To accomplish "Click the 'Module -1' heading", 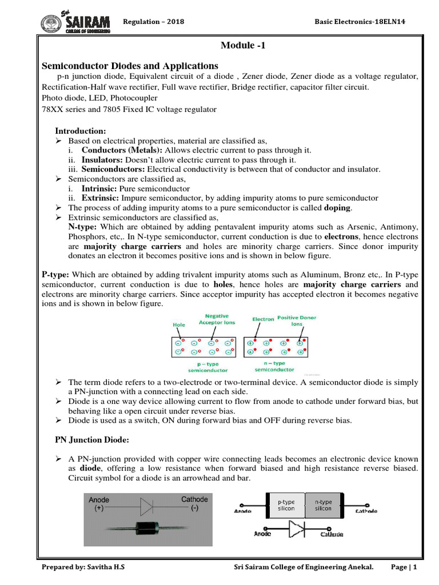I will click(x=243, y=47).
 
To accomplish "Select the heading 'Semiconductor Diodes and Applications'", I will click(x=130, y=66).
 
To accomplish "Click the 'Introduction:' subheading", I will click(x=80, y=131).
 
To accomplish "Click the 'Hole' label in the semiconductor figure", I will click(x=179, y=324).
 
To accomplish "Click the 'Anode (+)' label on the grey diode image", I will click(x=100, y=503).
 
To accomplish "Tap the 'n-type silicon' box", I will click(x=323, y=504).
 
